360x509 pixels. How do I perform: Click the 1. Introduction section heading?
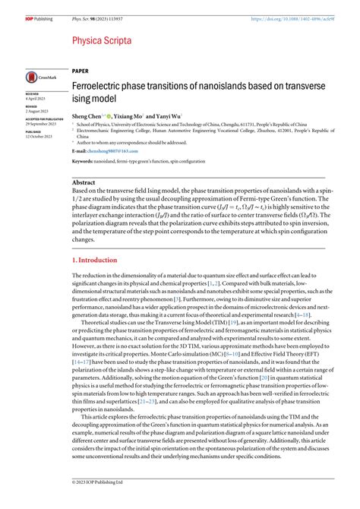click(x=95, y=260)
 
